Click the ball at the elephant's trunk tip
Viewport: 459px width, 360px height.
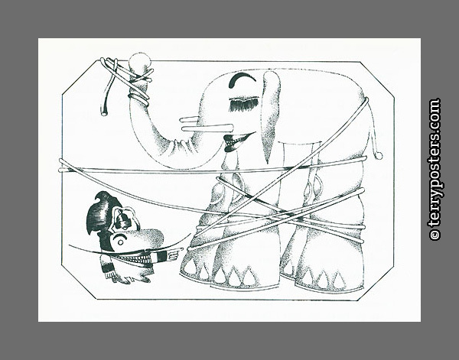pos(139,61)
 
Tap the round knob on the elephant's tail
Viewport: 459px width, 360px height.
pos(379,156)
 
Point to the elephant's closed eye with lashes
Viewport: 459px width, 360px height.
pos(244,104)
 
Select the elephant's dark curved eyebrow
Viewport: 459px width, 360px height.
pos(242,79)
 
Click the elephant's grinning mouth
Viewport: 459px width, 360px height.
pos(237,141)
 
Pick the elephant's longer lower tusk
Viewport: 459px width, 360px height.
pos(207,128)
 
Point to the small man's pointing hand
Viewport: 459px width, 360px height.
pos(174,255)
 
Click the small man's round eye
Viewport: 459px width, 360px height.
pos(120,242)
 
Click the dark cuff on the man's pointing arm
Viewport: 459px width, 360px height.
pos(162,257)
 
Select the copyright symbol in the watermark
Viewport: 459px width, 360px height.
pos(435,234)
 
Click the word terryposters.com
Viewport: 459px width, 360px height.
pos(435,163)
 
